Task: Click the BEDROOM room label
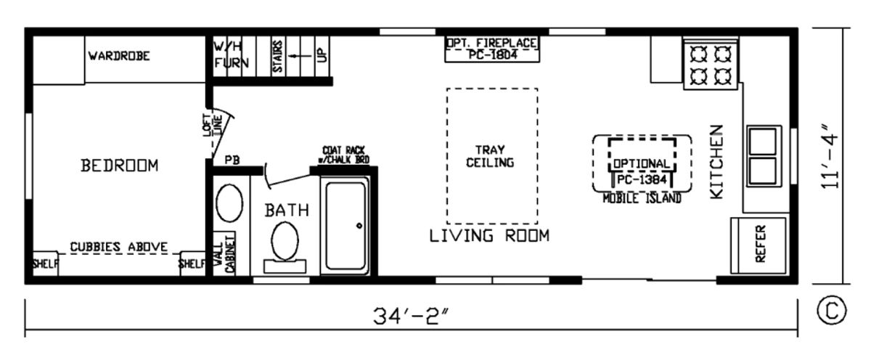119,165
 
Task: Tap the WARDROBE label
119,56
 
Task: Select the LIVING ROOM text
489,236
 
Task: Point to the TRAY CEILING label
490,156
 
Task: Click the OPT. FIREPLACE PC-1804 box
492,49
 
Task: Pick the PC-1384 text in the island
642,179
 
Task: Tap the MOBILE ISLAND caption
642,199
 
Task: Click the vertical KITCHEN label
716,162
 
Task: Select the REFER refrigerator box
758,245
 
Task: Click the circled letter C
832,311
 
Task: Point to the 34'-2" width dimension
412,316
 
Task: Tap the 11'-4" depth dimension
830,157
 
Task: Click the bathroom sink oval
229,203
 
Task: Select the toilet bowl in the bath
285,241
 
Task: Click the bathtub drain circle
359,226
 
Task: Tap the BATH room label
287,210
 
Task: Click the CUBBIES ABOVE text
118,247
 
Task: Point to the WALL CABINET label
225,253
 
